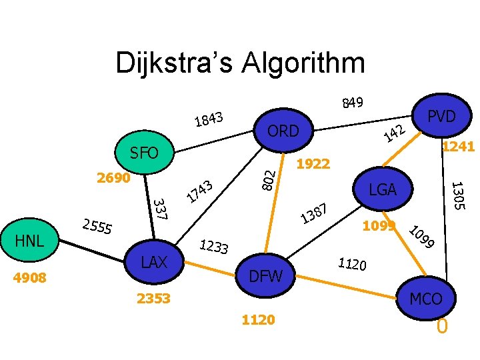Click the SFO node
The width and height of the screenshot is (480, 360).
click(144, 153)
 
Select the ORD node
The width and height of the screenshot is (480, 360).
click(283, 131)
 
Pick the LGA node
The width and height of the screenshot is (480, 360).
click(383, 190)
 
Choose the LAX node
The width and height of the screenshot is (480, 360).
click(154, 262)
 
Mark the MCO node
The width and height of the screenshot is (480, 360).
click(425, 299)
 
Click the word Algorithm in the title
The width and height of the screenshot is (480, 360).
click(288, 63)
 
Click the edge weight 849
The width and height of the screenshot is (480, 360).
click(352, 102)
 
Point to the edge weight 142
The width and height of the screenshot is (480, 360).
click(395, 133)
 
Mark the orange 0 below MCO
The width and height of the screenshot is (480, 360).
click(441, 327)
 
